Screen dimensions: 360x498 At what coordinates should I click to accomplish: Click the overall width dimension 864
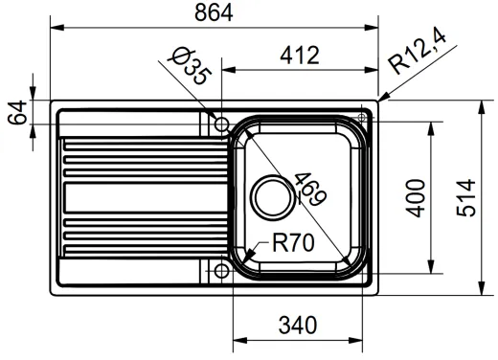click(214, 12)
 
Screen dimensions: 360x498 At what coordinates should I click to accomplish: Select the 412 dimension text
click(300, 56)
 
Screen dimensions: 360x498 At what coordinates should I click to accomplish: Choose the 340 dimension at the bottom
click(300, 326)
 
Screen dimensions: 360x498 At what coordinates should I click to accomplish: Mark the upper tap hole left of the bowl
click(220, 124)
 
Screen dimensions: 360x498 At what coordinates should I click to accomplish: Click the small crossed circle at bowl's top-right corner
click(361, 119)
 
